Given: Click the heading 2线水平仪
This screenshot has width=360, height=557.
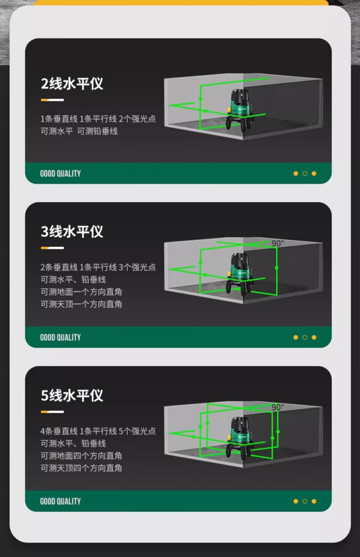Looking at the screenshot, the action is point(72,83).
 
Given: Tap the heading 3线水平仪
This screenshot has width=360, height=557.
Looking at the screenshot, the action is point(72,232).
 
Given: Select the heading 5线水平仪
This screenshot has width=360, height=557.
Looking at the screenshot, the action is point(72,395).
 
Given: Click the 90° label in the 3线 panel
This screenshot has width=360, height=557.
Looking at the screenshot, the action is point(277,243).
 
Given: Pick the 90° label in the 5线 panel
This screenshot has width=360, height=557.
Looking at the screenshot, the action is point(277,407).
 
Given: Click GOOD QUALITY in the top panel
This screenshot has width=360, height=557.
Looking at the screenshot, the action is point(60,173).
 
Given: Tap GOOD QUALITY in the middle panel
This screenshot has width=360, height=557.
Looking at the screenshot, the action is point(60,337).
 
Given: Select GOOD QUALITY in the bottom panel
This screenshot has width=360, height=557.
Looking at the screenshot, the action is point(60,501).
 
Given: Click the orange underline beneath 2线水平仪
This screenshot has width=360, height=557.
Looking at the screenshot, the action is point(52,100).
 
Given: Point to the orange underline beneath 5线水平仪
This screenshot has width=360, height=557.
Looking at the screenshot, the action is point(52,412).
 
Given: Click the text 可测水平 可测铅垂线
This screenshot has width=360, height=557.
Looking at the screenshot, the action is point(79,131).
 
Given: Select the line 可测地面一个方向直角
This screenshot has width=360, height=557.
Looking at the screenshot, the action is point(81,292).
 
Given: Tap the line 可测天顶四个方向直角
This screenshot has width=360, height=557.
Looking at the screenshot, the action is point(81,468).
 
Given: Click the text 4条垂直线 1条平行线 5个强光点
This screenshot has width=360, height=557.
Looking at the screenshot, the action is point(98,431).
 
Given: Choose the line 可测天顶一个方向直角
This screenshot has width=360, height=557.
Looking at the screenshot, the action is point(81,304).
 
